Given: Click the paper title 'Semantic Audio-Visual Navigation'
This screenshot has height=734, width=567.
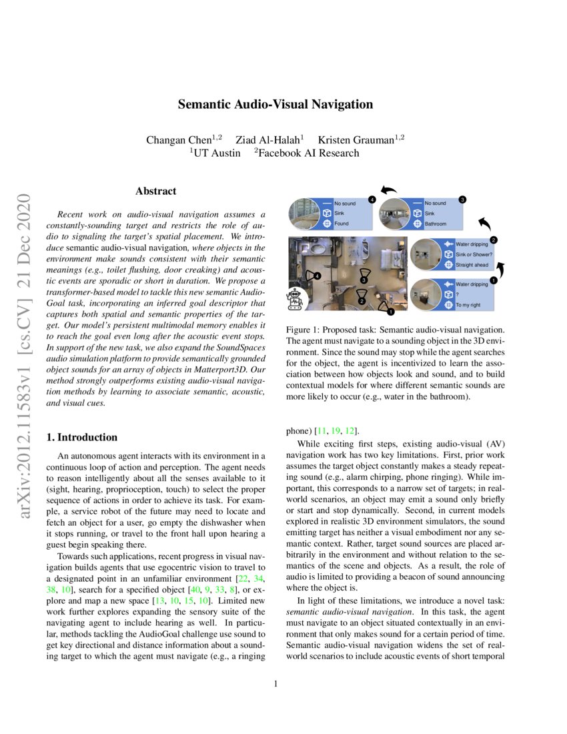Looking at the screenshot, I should (x=275, y=104).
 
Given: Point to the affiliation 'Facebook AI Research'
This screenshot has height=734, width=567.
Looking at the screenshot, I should (x=309, y=153).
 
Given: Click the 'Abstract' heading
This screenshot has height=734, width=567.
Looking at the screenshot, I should (x=155, y=192).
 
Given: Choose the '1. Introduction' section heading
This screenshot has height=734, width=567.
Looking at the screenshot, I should (x=81, y=438).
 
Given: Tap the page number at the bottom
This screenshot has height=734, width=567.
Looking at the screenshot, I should (x=275, y=684).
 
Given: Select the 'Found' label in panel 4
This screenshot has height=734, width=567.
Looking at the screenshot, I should (x=342, y=224).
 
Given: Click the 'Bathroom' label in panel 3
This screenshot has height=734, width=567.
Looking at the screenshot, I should (x=436, y=224).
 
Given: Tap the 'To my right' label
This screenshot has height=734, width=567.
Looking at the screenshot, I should (x=468, y=305).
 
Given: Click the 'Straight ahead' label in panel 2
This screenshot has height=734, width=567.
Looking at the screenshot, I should (x=472, y=265).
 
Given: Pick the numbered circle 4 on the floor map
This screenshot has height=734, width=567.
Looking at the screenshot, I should (x=318, y=276).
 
